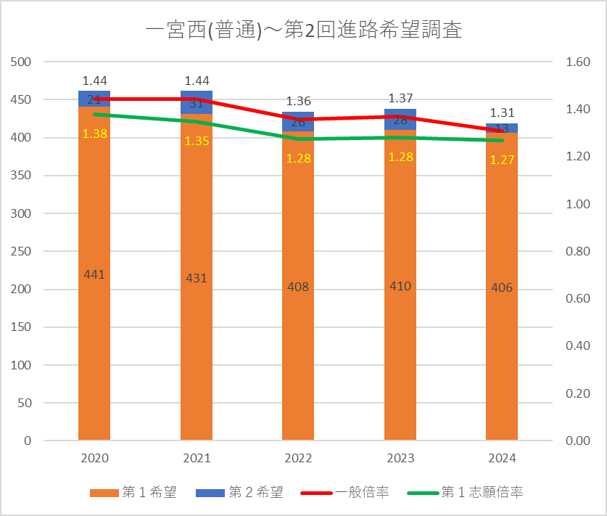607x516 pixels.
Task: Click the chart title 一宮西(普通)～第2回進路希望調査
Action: pos(303,30)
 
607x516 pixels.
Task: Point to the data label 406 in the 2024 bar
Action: pos(502,287)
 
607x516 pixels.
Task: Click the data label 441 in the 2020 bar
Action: pos(94,274)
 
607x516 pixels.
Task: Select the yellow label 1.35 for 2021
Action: pos(197,141)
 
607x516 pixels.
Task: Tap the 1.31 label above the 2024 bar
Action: pos(502,112)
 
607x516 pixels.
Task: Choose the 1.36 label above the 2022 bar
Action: pos(298,101)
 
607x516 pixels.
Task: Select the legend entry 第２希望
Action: pos(239,492)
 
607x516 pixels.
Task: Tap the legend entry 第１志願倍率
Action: pos(471,492)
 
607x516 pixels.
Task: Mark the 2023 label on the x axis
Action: pos(400,459)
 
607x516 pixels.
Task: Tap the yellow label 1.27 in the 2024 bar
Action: pos(502,160)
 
